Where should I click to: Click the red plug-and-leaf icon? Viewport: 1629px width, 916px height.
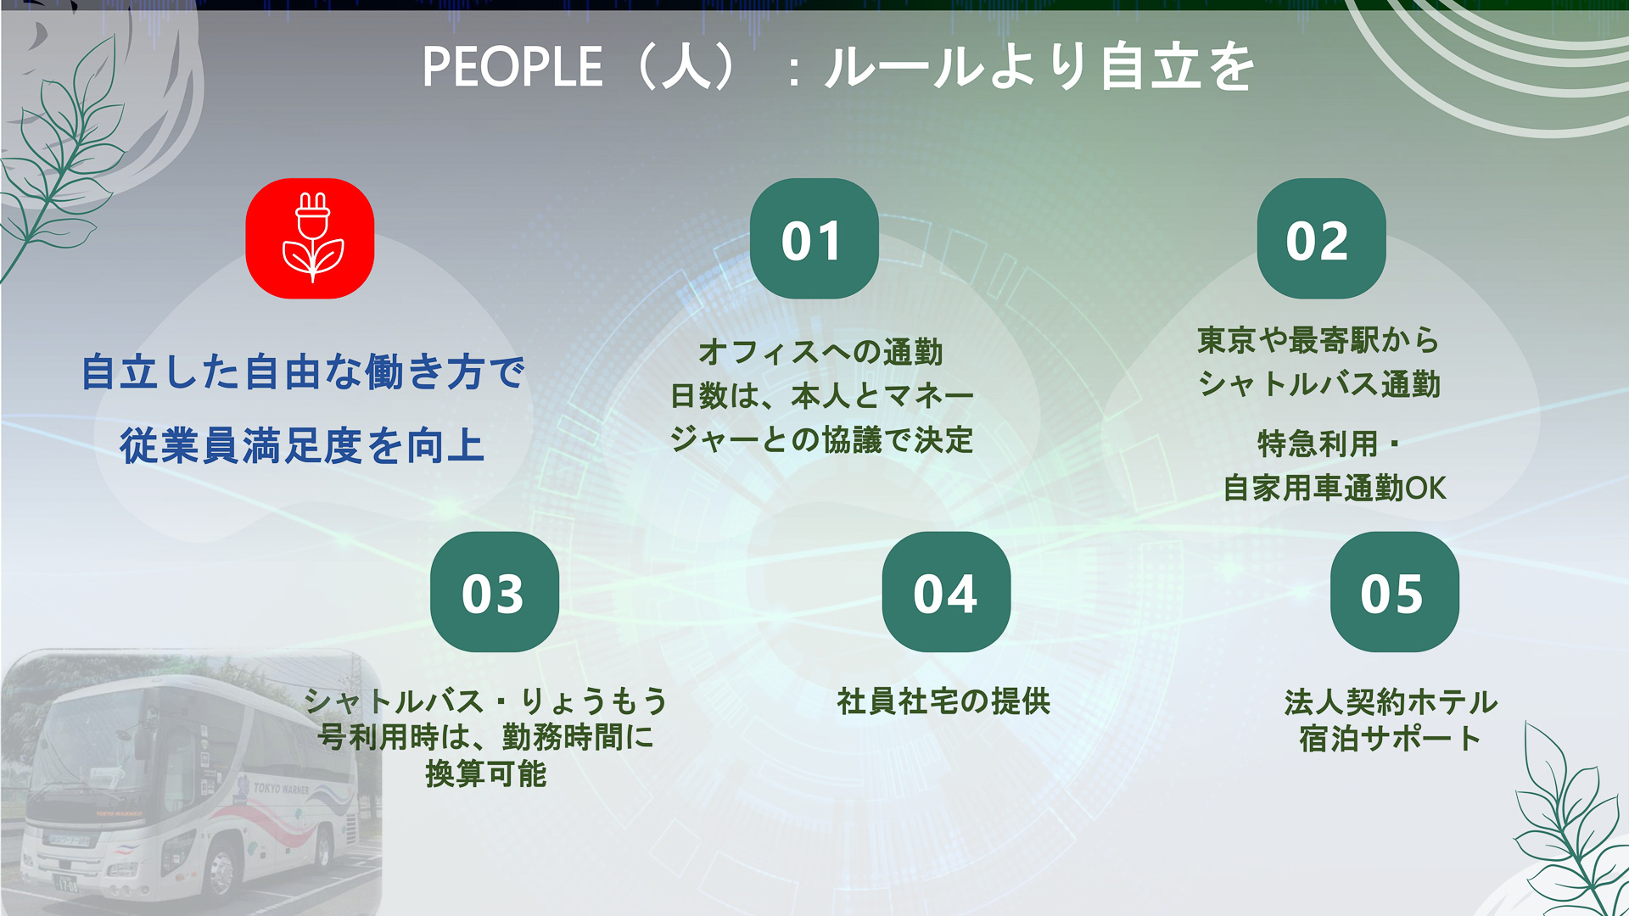pyautogui.click(x=310, y=238)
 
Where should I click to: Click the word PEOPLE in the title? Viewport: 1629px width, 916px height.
pyautogui.click(x=512, y=68)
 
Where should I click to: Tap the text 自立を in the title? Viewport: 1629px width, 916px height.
pyautogui.click(x=1177, y=68)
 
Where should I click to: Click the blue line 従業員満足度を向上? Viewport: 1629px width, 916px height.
pyautogui.click(x=302, y=446)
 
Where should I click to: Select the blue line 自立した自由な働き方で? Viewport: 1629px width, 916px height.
pyautogui.click(x=303, y=373)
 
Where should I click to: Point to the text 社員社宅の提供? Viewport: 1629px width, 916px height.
pyautogui.click(x=943, y=701)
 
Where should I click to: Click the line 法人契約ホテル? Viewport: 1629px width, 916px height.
pyautogui.click(x=1391, y=702)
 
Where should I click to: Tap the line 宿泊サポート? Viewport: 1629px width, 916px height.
pyautogui.click(x=1391, y=739)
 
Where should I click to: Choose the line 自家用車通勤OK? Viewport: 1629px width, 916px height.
pyautogui.click(x=1334, y=489)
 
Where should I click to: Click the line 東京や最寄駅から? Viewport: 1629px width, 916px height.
pyautogui.click(x=1318, y=340)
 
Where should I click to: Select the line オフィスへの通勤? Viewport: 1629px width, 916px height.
pyautogui.click(x=820, y=352)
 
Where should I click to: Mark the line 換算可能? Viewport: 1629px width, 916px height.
pyautogui.click(x=486, y=774)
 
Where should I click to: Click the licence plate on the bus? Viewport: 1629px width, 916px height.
pyautogui.click(x=66, y=884)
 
